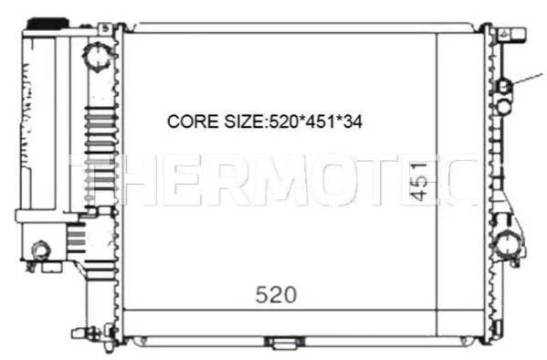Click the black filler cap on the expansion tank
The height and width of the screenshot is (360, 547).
47,24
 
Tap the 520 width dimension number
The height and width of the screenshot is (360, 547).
276,295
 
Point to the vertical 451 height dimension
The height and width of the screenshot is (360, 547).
418,181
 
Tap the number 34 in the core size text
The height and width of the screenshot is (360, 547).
352,122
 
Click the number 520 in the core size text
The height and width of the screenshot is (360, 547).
283,122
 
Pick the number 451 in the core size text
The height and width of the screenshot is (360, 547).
321,122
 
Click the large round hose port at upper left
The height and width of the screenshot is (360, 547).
98,56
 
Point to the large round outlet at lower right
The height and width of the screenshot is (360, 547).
508,246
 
